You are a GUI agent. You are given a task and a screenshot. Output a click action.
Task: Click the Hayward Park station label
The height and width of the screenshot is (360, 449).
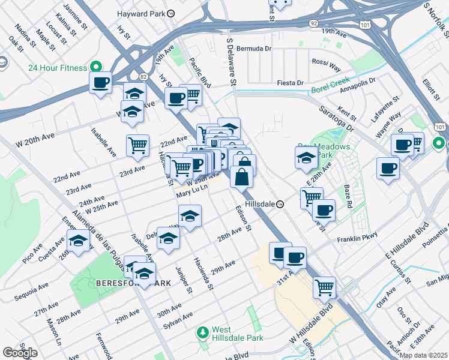coord(142,12)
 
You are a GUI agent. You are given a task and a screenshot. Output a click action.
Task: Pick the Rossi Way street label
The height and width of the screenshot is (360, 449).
coord(325,62)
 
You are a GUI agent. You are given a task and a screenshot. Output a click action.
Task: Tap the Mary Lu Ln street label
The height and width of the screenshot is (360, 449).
coord(191,193)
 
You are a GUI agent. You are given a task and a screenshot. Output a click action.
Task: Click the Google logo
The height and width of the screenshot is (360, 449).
coord(20,353)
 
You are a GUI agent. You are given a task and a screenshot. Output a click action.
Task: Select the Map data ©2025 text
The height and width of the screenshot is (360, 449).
coord(423,355)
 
